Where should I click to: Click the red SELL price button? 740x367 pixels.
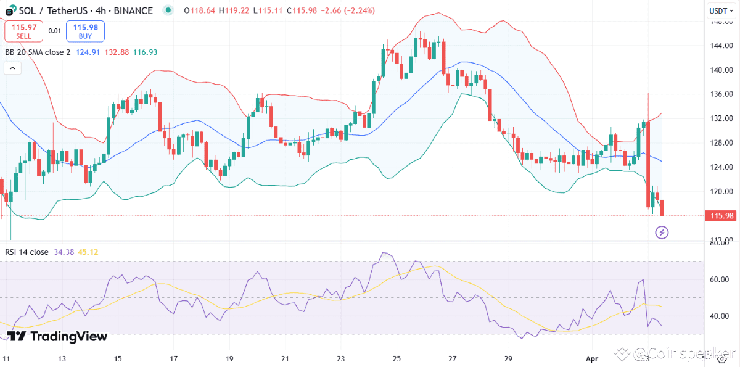tap(24, 31)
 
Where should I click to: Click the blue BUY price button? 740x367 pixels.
tap(85, 31)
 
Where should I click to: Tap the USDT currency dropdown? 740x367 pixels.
tap(718, 10)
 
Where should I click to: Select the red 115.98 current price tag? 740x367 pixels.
tap(721, 215)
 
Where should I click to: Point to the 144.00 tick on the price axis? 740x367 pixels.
tap(720, 46)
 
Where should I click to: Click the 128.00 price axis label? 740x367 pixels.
tap(720, 142)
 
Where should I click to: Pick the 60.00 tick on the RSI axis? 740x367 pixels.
tap(719, 279)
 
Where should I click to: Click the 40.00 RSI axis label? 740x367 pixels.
tap(719, 316)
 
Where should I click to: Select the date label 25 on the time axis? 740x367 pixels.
tap(397, 358)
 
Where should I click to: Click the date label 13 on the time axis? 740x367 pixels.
tap(62, 358)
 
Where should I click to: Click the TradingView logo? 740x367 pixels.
tap(57, 337)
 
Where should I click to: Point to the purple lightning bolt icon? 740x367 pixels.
tap(662, 233)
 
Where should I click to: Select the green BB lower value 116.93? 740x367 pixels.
tap(146, 52)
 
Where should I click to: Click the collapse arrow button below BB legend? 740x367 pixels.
tap(12, 68)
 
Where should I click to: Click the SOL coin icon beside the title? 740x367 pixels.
tap(10, 11)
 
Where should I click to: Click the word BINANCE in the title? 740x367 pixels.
tap(132, 10)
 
